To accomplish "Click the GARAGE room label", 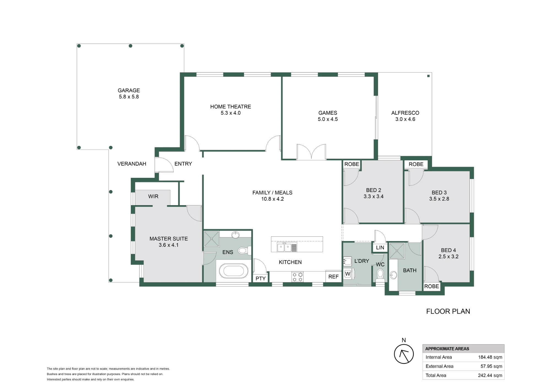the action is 129,90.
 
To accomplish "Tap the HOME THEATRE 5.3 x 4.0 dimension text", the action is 231,113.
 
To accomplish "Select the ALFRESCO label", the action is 405,113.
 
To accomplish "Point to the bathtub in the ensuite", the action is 234,271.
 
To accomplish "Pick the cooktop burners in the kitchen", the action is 298,277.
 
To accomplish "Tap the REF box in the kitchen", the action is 333,276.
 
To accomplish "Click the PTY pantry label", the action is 260,279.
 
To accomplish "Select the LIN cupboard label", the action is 380,248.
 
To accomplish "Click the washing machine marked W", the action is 348,274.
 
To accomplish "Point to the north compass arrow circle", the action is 404,354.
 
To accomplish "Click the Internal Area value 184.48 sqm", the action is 490,357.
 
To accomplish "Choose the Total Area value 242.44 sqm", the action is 490,375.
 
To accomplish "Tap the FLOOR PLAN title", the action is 448,311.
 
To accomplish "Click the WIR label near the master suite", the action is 153,196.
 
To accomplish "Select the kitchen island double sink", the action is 284,247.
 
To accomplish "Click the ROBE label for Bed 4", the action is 431,286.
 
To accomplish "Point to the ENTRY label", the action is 183,164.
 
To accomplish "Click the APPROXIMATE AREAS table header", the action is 447,349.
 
